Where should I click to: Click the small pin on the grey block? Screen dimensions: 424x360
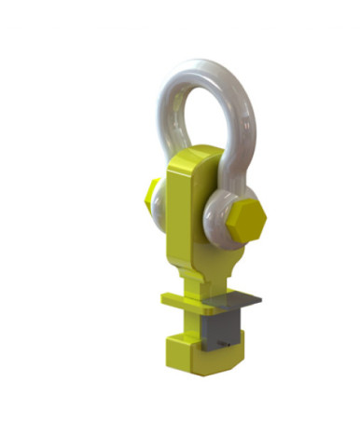click(x=227, y=344)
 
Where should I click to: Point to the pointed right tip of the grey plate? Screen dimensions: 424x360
click(x=260, y=300)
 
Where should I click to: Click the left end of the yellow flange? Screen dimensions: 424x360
click(x=165, y=299)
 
